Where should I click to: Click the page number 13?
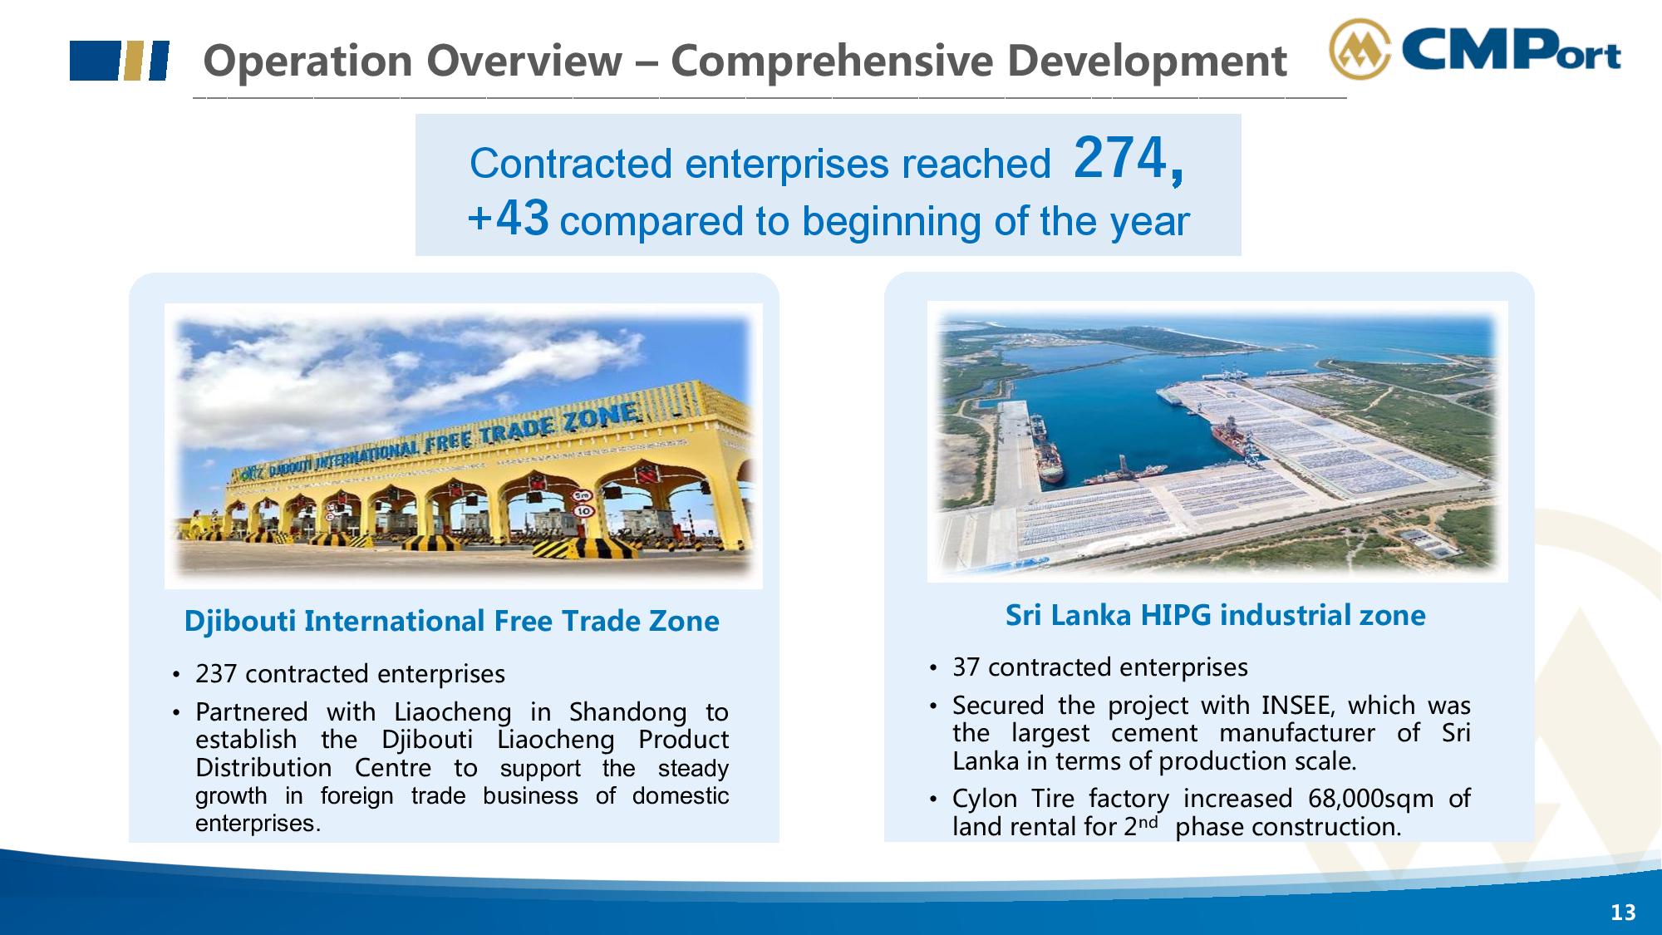coord(1623,913)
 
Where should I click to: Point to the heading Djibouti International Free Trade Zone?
coord(451,621)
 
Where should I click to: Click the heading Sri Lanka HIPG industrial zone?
coord(1215,615)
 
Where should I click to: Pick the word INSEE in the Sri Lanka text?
coord(1296,705)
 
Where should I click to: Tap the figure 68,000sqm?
coord(1371,799)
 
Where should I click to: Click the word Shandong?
coord(628,712)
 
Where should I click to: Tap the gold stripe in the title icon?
coord(130,61)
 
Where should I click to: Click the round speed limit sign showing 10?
coord(583,510)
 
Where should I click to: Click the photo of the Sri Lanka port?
coord(1217,441)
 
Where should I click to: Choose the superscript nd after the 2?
coord(1148,822)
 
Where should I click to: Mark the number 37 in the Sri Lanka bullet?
coord(966,667)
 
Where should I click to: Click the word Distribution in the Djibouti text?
coord(263,768)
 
